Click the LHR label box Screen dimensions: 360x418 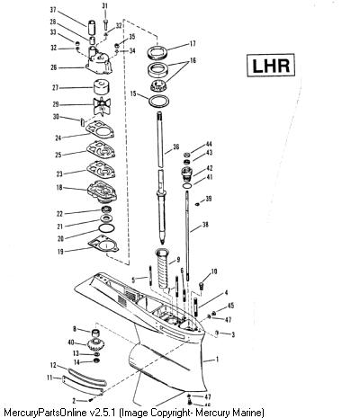coord(271,65)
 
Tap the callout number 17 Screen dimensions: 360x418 coord(193,44)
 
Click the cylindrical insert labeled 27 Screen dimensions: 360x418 coord(101,87)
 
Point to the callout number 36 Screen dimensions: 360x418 coord(175,147)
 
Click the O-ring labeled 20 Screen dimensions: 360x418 coord(106,228)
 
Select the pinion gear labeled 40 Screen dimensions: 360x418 coord(94,344)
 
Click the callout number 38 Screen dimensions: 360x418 coord(205,225)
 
